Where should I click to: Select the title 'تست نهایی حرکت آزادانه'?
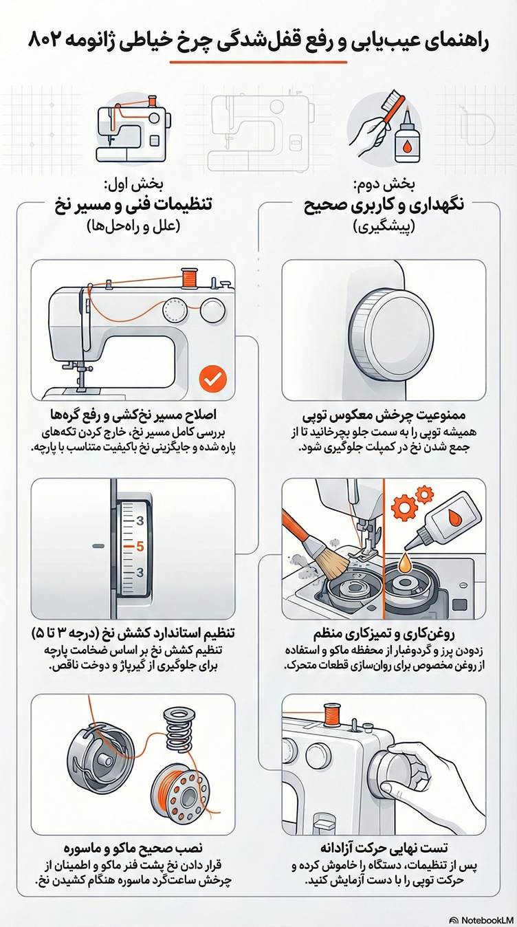(382, 846)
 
